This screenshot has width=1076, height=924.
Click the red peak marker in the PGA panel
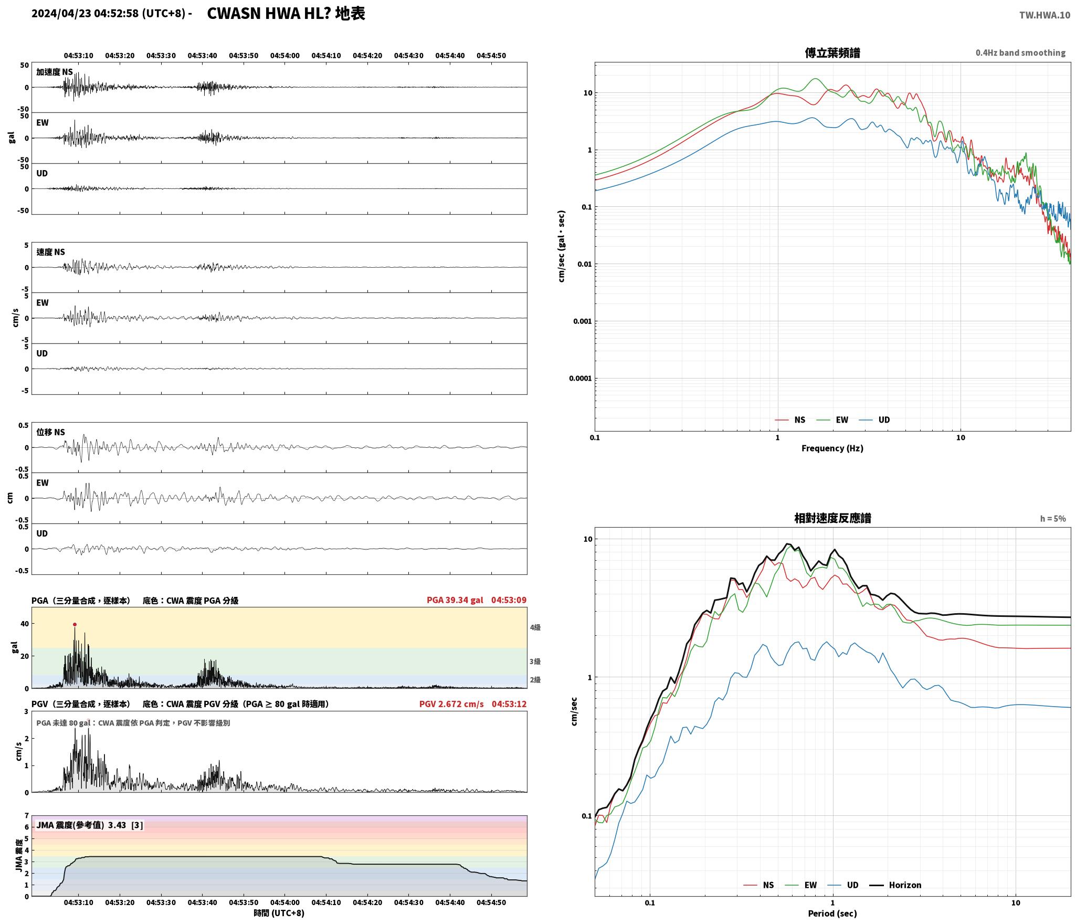click(75, 624)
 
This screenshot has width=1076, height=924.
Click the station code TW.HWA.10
click(1045, 15)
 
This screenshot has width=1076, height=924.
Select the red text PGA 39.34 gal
click(455, 600)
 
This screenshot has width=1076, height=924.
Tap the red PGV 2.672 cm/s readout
click(451, 703)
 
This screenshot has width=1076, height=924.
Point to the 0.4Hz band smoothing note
click(1020, 52)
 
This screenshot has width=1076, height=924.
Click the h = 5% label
click(1053, 518)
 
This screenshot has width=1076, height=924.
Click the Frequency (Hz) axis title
click(832, 448)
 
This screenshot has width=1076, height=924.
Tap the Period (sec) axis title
click(832, 913)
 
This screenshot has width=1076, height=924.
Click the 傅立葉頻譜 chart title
click(832, 52)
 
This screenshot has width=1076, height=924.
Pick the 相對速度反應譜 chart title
click(832, 518)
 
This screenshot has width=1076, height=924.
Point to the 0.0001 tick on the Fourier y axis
click(580, 378)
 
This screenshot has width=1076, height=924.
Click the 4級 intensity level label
click(535, 627)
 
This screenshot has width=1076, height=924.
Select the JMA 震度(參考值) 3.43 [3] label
click(89, 825)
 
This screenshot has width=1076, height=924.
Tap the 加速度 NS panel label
click(55, 72)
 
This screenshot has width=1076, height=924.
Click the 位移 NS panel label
click(50, 432)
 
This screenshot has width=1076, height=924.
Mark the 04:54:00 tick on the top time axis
click(285, 55)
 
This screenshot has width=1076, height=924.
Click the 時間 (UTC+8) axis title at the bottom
click(279, 913)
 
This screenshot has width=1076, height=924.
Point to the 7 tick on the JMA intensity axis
click(26, 815)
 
